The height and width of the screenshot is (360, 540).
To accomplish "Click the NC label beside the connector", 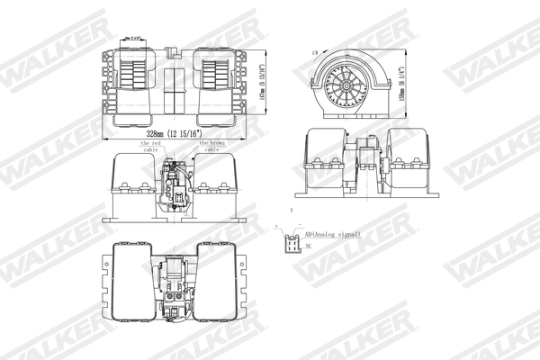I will (x=309, y=246).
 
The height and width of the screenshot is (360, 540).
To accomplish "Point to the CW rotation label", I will (x=314, y=54).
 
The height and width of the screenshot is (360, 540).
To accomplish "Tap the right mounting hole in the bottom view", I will (x=244, y=305).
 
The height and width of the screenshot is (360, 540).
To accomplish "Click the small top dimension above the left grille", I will (x=135, y=39).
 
